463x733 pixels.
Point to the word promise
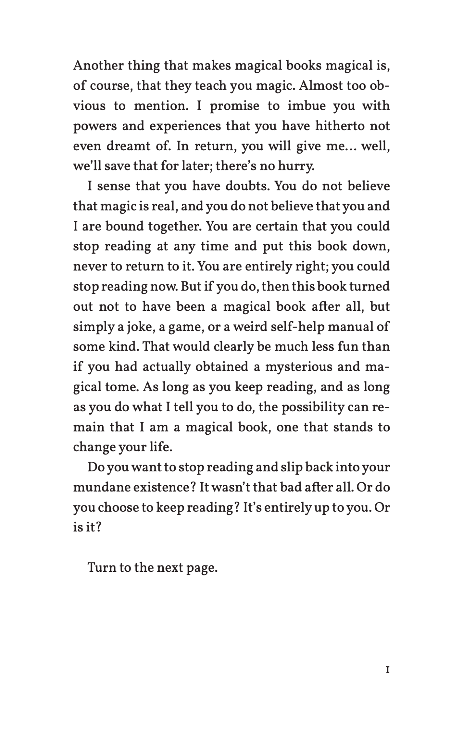pyautogui.click(x=234, y=106)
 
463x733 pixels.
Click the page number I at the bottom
pyautogui.click(x=388, y=670)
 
